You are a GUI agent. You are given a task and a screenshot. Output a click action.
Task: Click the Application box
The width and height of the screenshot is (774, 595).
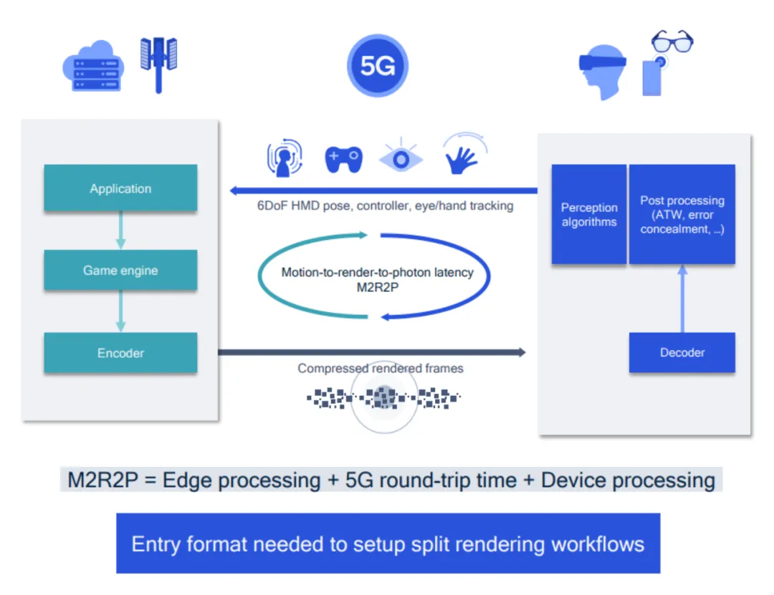(x=120, y=188)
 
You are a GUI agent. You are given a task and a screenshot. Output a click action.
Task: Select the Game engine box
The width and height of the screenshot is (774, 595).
(x=120, y=270)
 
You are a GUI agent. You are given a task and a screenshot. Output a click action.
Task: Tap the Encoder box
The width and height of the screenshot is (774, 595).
(x=120, y=352)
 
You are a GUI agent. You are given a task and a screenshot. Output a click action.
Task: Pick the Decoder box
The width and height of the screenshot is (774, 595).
(x=682, y=352)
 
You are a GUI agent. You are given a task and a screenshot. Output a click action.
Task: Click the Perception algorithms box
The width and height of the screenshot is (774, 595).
(x=589, y=214)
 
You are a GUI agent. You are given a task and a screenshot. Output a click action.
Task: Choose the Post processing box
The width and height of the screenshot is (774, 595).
(x=682, y=214)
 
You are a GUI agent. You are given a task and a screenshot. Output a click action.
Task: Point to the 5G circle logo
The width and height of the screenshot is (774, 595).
(x=378, y=66)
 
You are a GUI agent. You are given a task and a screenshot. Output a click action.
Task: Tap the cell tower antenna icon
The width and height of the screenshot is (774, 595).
(x=158, y=63)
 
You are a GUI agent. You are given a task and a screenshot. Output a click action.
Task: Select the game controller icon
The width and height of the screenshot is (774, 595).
(x=344, y=158)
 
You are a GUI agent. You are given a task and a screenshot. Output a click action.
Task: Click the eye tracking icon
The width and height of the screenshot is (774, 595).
(x=401, y=158)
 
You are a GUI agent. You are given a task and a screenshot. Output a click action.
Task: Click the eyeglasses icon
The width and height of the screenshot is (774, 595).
(x=672, y=41)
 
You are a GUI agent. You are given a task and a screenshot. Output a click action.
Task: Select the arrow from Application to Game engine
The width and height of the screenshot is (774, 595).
(x=120, y=230)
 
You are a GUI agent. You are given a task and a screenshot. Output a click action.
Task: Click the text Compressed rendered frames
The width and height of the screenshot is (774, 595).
(x=381, y=368)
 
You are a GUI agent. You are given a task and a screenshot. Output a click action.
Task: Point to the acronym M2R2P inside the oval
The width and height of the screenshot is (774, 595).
(x=377, y=286)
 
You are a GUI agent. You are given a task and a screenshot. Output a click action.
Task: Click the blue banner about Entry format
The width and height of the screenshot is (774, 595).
(x=388, y=543)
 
